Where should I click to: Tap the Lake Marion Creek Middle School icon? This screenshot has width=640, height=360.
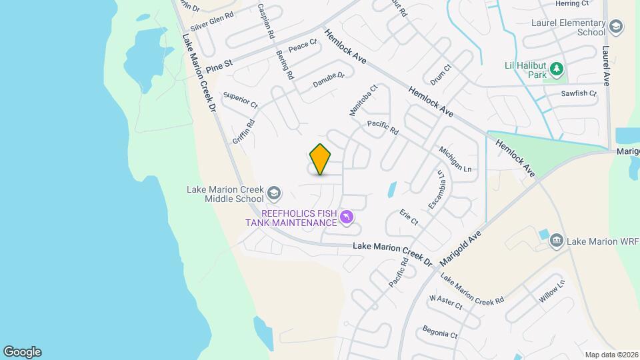[273, 194]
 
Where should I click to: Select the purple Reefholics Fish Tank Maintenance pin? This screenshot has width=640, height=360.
[346, 217]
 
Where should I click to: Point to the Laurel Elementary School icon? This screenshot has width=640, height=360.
[616, 27]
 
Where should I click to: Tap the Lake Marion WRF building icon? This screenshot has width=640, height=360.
[558, 240]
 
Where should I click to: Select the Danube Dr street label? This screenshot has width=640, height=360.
[329, 80]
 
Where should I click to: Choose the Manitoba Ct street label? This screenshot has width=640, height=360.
[364, 101]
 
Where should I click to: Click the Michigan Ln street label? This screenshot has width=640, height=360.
[455, 159]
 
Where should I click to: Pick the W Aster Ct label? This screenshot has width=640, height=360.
[446, 302]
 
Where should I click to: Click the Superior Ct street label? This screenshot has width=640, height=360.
[241, 99]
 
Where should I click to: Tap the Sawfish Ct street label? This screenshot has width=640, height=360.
[579, 93]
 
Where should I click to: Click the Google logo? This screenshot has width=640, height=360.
[22, 352]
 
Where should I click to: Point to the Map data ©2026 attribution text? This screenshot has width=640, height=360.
[611, 355]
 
